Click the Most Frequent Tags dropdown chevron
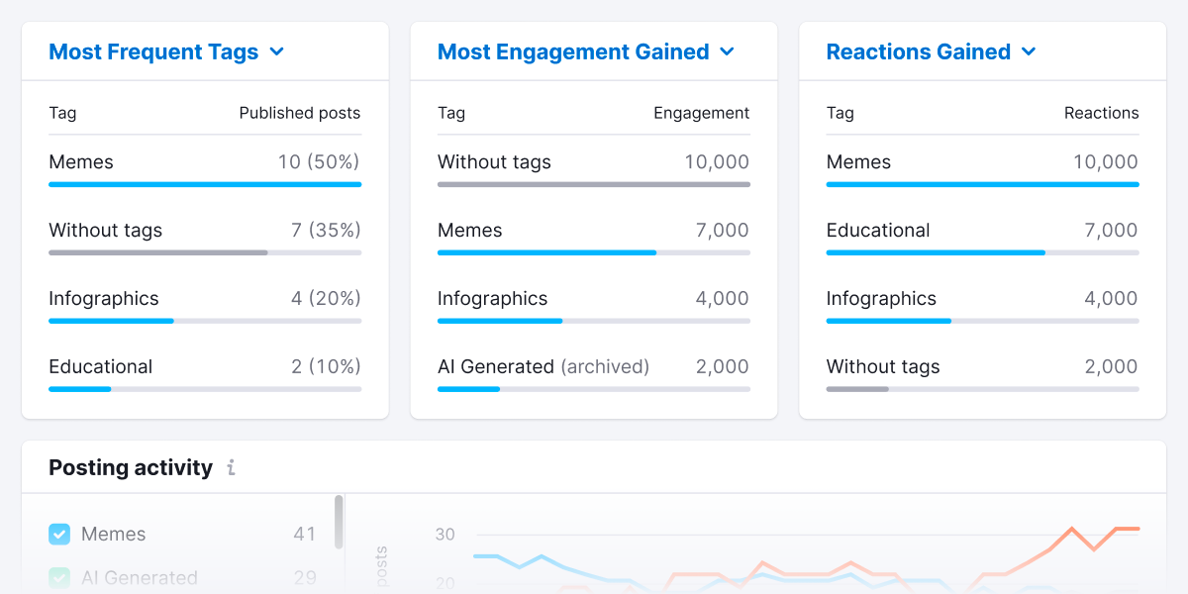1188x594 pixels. click(x=277, y=52)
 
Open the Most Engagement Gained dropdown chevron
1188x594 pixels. click(x=728, y=52)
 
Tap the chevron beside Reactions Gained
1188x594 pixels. click(x=1029, y=52)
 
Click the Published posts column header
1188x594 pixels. click(x=299, y=113)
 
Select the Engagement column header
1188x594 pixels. click(x=701, y=113)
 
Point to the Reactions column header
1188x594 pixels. click(x=1101, y=113)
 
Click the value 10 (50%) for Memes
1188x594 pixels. click(x=319, y=162)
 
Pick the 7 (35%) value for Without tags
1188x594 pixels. click(x=326, y=231)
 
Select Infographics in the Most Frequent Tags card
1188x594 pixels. click(x=104, y=299)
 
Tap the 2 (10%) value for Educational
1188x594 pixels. click(x=326, y=367)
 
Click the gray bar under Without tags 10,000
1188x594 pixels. click(x=593, y=184)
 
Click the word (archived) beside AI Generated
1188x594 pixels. click(x=605, y=367)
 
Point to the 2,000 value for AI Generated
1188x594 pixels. click(x=722, y=367)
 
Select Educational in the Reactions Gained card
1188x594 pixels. click(x=878, y=231)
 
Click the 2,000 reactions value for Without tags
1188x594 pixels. click(x=1111, y=367)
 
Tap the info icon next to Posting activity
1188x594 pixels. click(x=231, y=468)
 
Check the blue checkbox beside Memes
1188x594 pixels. click(x=59, y=535)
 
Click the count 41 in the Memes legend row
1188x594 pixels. click(x=304, y=535)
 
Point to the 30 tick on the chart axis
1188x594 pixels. click(x=445, y=535)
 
